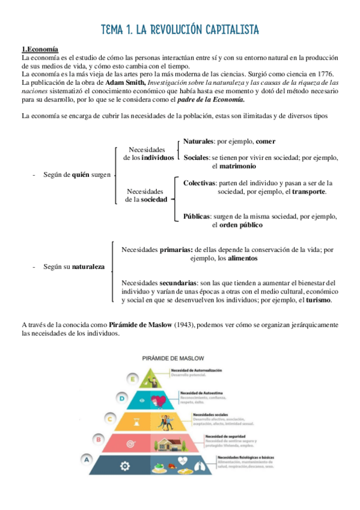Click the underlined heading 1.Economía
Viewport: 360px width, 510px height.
(x=41, y=49)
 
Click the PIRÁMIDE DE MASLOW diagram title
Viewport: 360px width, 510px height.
(x=179, y=357)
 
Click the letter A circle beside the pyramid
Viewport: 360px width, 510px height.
(x=88, y=460)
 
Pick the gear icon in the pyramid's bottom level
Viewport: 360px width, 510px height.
(x=125, y=465)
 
